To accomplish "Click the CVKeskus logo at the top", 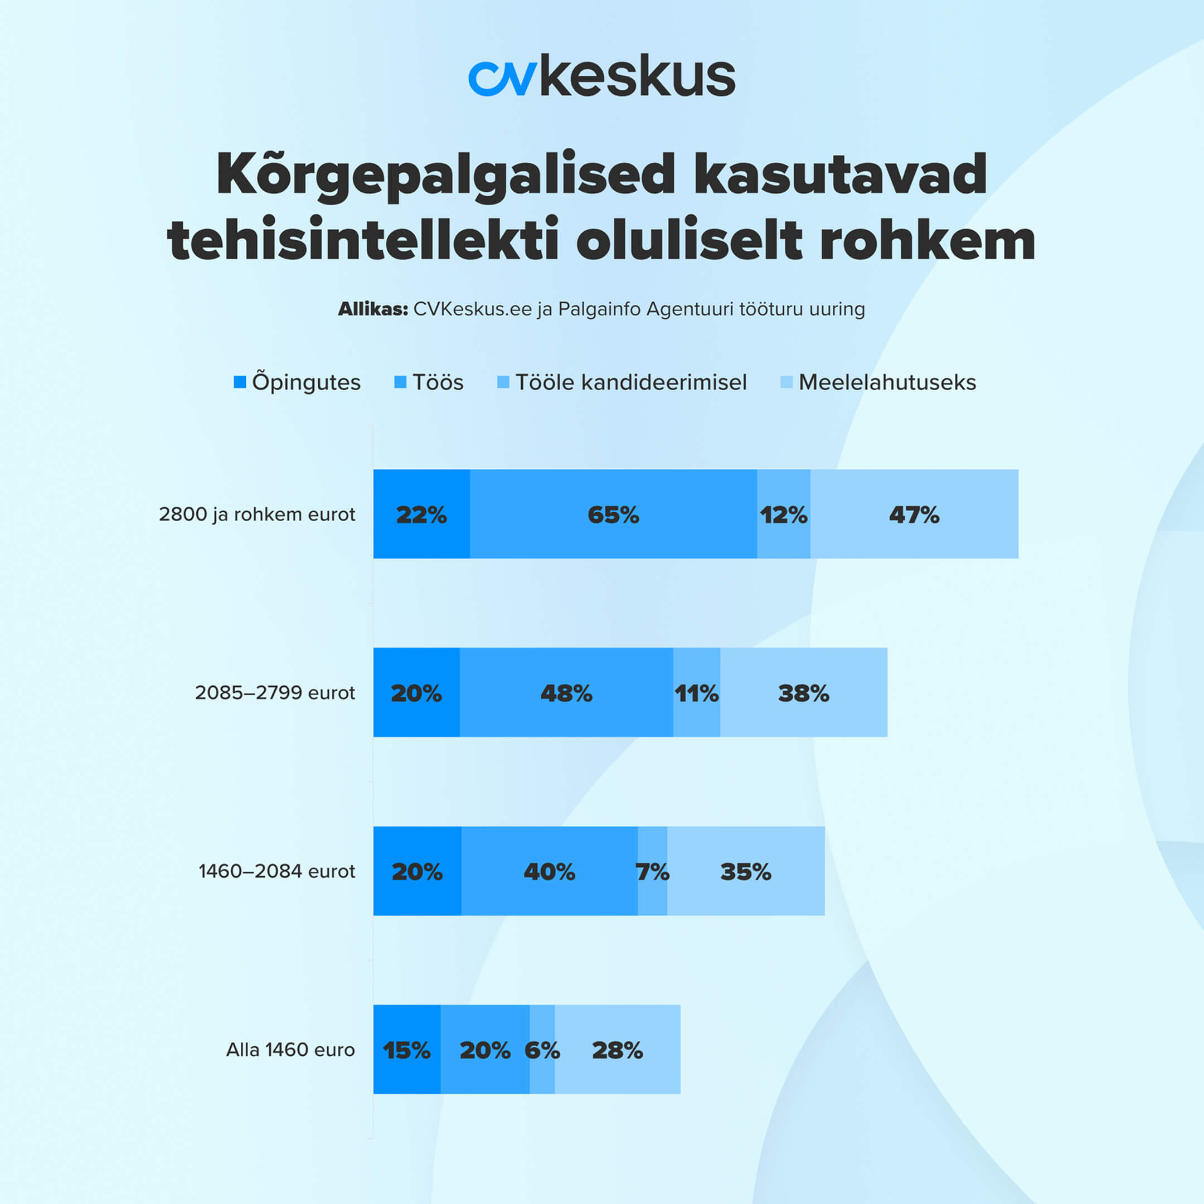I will point(601,76).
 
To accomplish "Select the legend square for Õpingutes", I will point(240,382).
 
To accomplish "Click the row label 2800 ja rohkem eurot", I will point(257,514).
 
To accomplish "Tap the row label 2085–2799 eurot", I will point(275,692).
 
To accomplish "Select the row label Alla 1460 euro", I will point(290,1050).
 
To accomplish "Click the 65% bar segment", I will point(613,514).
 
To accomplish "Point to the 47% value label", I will point(914,514).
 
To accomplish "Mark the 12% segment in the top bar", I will point(783,514).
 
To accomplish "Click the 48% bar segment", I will point(566,692).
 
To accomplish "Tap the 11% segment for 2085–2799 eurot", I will point(696,692).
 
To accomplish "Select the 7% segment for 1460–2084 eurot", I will point(652,871).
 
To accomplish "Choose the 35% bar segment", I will point(745,871).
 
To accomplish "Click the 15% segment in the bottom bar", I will point(406,1050).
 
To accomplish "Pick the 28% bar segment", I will point(617,1050).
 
